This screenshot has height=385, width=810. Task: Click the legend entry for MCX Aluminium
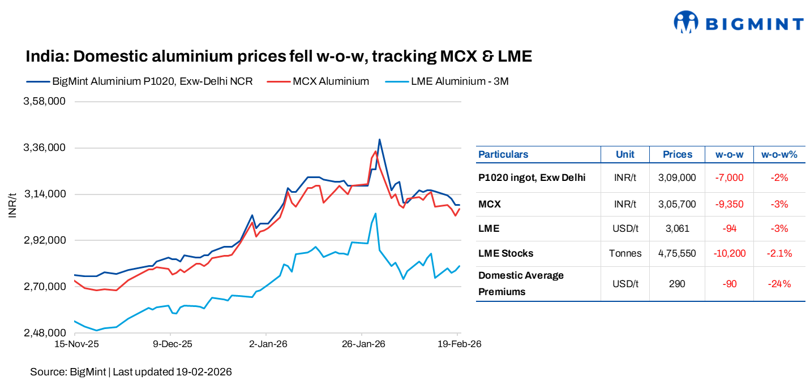[x=331, y=81]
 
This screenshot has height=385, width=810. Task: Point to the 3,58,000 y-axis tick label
[x=44, y=102]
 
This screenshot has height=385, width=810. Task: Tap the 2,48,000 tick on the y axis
[x=44, y=333]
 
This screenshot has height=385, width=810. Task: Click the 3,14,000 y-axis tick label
[x=44, y=194]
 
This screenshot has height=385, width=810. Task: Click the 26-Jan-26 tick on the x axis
[x=364, y=344]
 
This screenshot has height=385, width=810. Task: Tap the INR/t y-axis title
[x=12, y=205]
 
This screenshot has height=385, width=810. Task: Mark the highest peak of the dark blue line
[x=379, y=140]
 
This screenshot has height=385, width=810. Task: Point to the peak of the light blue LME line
[x=375, y=213]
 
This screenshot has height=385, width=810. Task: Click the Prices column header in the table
[x=678, y=154]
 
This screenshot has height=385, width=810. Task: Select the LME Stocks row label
[x=505, y=253]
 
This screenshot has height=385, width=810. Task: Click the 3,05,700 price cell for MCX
[x=677, y=204]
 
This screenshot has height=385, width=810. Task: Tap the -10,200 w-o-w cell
[x=730, y=253]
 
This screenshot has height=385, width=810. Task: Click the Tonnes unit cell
[x=625, y=253]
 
